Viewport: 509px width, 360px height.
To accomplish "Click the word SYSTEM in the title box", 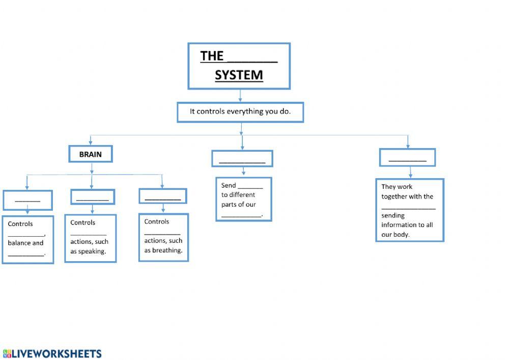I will pos(239,75).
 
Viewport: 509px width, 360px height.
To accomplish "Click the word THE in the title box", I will pos(212,56).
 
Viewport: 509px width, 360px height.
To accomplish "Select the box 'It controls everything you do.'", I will pos(240,112).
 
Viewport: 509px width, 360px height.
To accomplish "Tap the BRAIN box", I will pos(91,154).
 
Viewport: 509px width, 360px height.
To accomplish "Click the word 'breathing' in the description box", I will pos(168,251).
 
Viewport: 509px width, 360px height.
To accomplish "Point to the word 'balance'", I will pos(19,243).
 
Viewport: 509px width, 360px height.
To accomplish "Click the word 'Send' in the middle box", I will pos(229,185).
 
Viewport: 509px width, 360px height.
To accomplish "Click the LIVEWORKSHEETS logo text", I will pos(56,353).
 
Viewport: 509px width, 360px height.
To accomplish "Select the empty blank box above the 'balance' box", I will pos(27,200).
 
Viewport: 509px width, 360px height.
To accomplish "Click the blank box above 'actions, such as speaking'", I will pos(93,197).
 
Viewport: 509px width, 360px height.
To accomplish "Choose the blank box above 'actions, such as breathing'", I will pos(163,196).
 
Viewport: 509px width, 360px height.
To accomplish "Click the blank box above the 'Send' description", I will pos(242,158).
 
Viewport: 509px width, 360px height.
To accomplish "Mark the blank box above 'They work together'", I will pos(407,157).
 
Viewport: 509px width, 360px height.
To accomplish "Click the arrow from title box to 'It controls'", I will pos(240,96).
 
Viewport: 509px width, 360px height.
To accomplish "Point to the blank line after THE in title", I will pos(252,58).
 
